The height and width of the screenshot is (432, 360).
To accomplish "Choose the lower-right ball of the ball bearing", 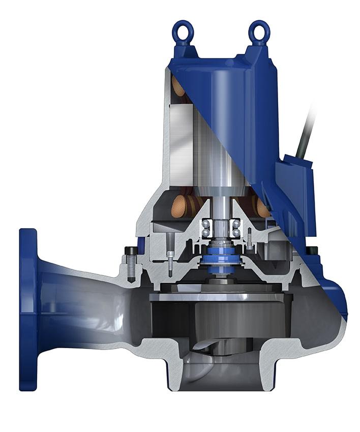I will pyautogui.click(x=236, y=233).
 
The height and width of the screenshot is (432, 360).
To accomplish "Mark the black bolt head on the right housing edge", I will pyautogui.click(x=312, y=250).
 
